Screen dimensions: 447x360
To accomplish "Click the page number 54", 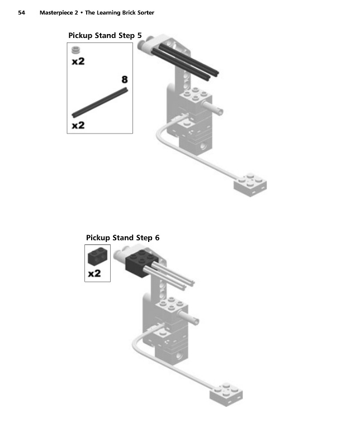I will pos(22,12).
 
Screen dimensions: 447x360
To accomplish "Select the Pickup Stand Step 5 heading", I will pos(105,36).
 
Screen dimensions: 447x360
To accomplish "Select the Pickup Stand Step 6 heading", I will pos(122,237).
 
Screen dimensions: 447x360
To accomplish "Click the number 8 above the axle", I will pos(125,80).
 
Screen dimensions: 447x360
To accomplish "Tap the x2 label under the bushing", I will pos(78,61).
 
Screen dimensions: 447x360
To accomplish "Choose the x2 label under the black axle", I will pos(78,125).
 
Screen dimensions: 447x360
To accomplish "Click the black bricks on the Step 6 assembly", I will pos(140,261).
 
